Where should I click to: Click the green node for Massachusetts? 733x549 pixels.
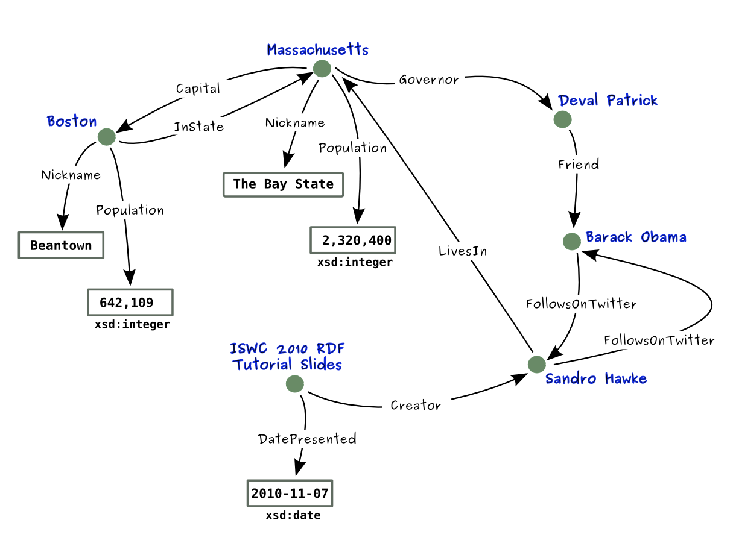point(322,69)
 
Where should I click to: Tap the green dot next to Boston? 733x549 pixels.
point(106,137)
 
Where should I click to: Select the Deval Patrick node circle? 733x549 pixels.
point(562,119)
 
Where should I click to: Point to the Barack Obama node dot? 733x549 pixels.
point(571,241)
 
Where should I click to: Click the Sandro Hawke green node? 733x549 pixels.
point(536,364)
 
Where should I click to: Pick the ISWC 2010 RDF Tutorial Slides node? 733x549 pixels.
point(294,383)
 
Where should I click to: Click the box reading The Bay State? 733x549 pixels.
point(284,184)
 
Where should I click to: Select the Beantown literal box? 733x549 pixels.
point(61,246)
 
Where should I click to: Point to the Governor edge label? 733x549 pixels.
point(428,80)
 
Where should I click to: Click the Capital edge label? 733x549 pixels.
point(198,89)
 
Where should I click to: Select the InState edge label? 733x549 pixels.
point(198,127)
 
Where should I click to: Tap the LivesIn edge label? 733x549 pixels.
point(462,251)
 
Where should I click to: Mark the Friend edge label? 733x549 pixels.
point(578,164)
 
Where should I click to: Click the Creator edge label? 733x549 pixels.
point(416,406)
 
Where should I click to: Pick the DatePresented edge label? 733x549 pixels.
point(306,439)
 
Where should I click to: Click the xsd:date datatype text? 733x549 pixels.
point(293,516)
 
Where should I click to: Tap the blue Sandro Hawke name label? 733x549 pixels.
point(595,378)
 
